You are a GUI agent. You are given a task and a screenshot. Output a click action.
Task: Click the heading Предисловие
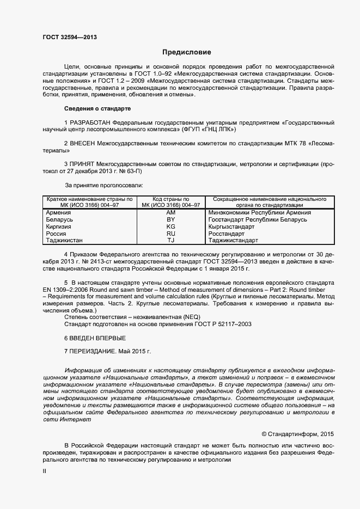pos(186,52)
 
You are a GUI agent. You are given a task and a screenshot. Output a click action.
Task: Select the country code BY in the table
pos(170,219)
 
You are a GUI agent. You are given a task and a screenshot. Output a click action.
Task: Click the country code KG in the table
pos(170,226)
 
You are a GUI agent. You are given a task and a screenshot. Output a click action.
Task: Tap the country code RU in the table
pos(170,233)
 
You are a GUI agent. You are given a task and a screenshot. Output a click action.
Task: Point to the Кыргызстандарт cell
pos(231,226)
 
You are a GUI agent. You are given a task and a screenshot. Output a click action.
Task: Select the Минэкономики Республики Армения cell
pos(260,213)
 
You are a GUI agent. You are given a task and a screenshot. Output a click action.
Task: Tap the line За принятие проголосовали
pos(103,185)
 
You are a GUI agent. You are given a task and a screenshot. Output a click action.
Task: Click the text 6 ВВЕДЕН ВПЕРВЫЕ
pos(91,338)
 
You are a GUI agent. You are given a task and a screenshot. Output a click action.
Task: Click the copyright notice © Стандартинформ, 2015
pos(297,434)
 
